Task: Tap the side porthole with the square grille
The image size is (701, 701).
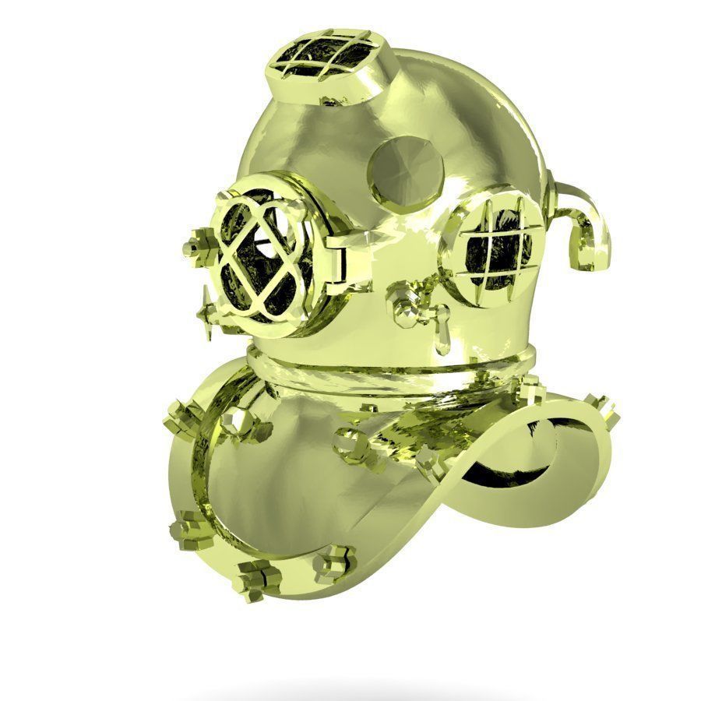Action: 495,243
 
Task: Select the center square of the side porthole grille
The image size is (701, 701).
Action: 494,243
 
